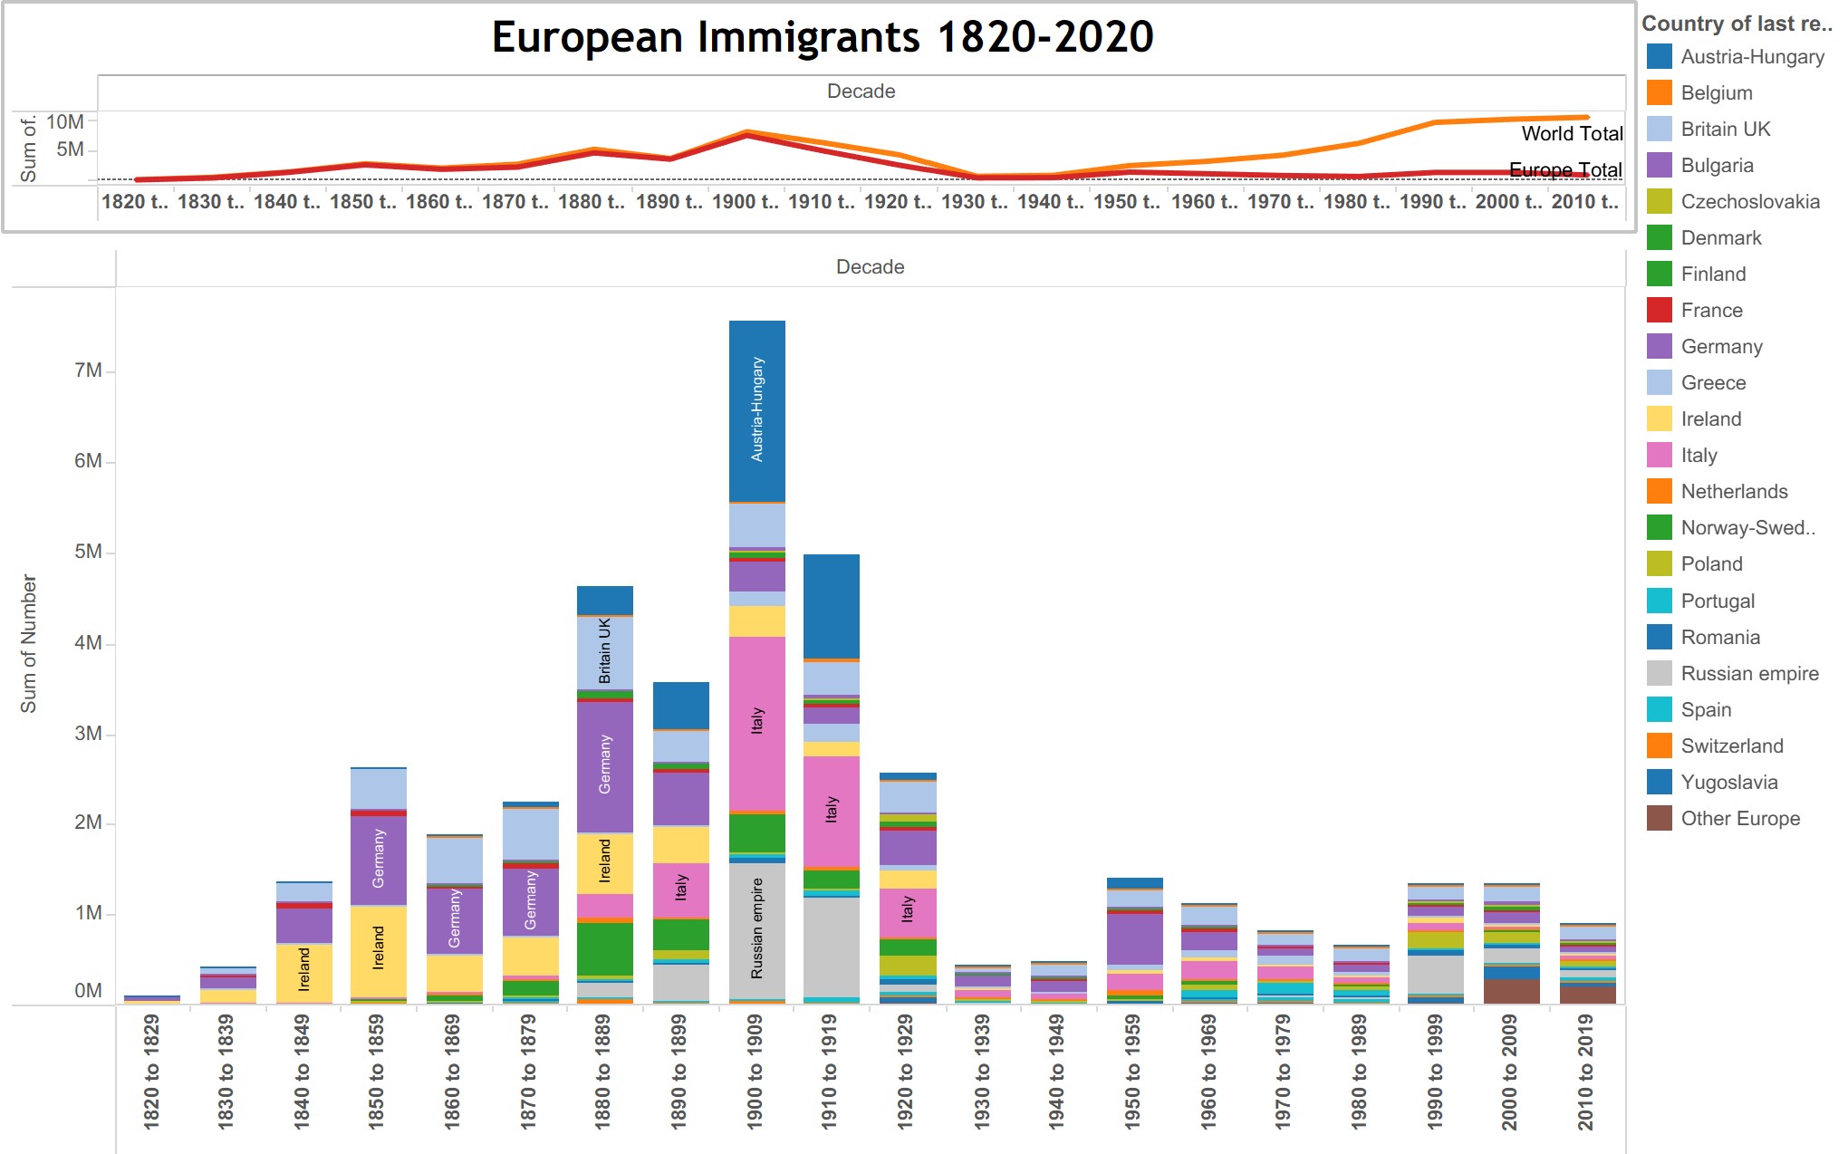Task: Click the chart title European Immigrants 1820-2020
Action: coord(822,38)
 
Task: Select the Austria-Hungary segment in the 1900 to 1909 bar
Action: coord(757,410)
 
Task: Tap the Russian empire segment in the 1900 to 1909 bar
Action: coord(757,929)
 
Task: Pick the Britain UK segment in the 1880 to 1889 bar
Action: coord(605,652)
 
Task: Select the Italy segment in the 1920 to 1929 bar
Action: coord(908,911)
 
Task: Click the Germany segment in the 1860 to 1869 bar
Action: coord(455,919)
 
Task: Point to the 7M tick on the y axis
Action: coord(88,370)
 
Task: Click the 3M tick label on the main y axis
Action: coord(88,734)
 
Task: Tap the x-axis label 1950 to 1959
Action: coord(1132,1072)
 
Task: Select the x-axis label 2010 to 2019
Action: coord(1585,1072)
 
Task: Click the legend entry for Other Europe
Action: coord(1739,819)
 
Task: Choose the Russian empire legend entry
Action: coord(1748,673)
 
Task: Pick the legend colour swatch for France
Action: coord(1660,310)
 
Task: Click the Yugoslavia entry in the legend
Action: coord(1728,782)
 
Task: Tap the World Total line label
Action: coord(1572,134)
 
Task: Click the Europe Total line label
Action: coord(1565,169)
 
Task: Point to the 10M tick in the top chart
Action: coord(65,121)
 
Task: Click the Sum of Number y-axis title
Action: coord(29,643)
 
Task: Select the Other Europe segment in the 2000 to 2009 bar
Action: coord(1511,991)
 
